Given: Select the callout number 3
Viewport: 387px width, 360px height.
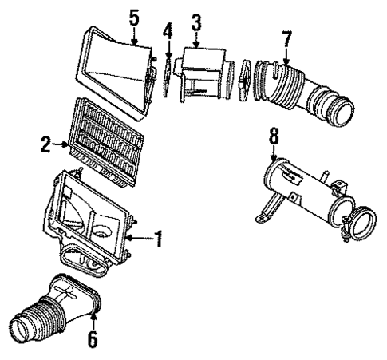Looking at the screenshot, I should pos(195,22).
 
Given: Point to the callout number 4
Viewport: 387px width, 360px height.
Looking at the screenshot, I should pos(168,32).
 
